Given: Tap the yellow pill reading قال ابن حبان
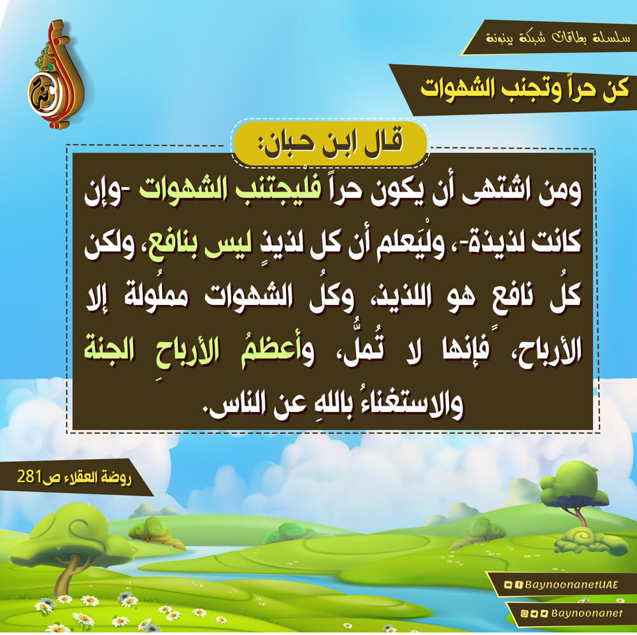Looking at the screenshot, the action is (x=330, y=143).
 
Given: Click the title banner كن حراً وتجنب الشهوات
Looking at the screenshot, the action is (x=524, y=89).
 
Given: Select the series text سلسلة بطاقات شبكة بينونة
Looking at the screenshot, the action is (x=557, y=38).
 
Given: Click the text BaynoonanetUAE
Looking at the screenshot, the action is (x=571, y=585).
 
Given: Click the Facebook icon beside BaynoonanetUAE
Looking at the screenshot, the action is (x=518, y=585).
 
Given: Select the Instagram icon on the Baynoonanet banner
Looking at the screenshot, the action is (x=524, y=613).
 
